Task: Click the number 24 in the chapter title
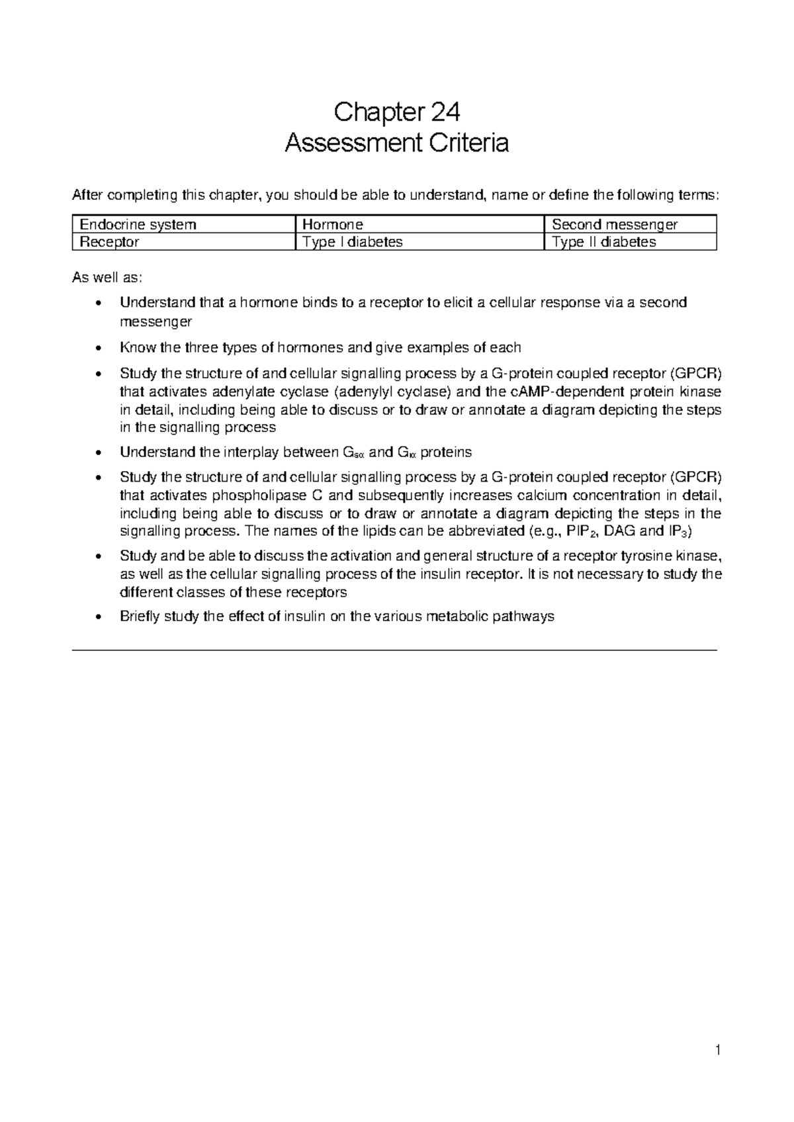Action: (x=445, y=112)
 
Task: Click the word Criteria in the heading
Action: (x=466, y=143)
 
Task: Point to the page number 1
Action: (x=717, y=1050)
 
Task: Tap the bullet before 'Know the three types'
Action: (x=98, y=348)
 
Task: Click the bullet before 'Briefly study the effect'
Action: (x=98, y=617)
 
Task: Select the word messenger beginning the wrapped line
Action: (x=155, y=322)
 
